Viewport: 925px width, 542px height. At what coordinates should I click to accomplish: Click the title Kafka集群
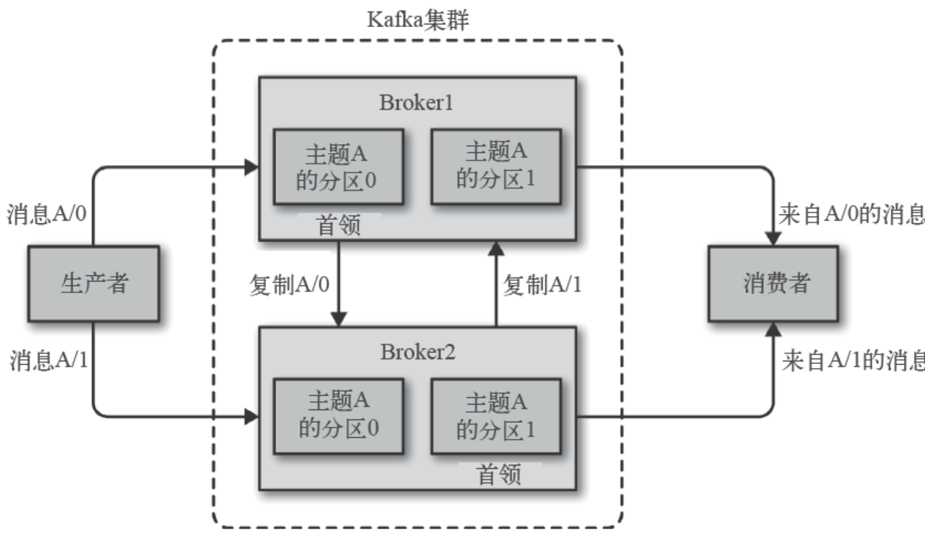point(418,20)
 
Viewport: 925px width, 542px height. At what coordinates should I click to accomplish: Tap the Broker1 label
point(416,102)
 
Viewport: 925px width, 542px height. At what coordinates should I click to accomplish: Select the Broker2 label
point(418,352)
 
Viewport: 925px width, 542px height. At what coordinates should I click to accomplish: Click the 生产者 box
point(94,284)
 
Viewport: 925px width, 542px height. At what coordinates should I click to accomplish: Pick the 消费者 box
point(773,284)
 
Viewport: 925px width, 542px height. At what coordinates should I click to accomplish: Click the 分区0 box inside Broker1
point(338,166)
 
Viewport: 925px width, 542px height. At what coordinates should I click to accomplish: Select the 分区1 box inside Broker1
point(496,166)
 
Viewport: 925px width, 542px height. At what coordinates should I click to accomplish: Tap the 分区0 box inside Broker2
point(338,416)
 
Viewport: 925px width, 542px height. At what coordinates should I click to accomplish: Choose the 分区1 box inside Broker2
point(496,416)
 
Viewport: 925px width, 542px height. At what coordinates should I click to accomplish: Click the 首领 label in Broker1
point(338,225)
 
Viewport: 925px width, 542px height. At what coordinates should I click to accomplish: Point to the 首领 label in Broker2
point(499,474)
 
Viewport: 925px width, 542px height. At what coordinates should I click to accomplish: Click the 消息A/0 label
point(47,214)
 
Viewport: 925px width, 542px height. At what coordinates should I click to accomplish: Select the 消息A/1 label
point(49,359)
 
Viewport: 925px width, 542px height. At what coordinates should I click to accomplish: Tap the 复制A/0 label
point(290,285)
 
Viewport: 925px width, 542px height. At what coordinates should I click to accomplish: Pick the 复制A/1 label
point(542,285)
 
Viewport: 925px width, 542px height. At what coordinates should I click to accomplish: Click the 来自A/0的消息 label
point(851,214)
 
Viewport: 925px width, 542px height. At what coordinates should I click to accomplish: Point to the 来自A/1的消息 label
point(853,360)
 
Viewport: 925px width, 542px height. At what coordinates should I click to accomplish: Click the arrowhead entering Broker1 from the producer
point(252,167)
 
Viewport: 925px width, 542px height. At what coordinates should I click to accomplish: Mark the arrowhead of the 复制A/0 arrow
point(338,319)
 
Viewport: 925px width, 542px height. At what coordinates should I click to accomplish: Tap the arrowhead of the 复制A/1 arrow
point(496,248)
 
